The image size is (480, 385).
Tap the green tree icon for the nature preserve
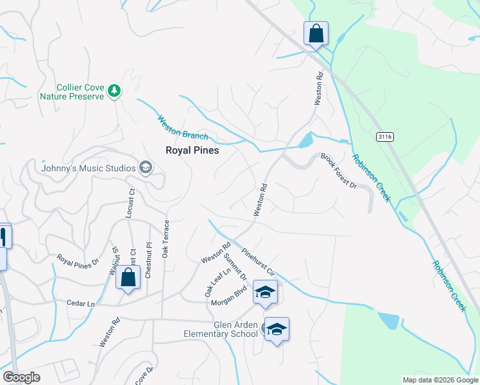click(114, 91)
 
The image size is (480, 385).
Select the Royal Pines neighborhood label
click(192, 150)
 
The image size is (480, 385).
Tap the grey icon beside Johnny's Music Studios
click(146, 168)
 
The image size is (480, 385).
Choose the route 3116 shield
click(384, 137)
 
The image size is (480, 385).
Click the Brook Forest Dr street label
click(338, 171)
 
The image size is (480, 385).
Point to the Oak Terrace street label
click(166, 239)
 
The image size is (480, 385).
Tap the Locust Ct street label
click(131, 203)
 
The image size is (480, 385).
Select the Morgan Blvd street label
click(230, 290)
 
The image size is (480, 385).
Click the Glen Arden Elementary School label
click(220, 329)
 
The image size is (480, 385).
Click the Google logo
click(21, 377)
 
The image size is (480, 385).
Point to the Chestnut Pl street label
click(148, 260)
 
